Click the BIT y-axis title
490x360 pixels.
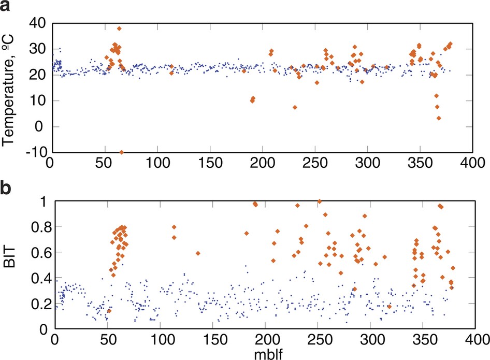coord(10,265)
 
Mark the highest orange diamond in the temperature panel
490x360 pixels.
coord(119,28)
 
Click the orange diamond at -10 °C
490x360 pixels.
coord(122,152)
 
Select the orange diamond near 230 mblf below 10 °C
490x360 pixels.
coord(295,107)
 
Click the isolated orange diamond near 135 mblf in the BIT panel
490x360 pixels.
coord(198,253)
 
